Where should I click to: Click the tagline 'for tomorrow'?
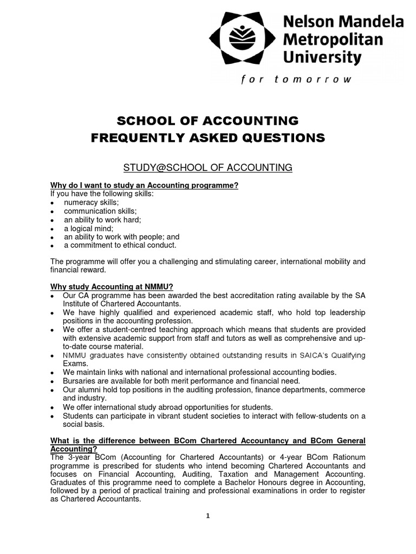pyautogui.click(x=296, y=79)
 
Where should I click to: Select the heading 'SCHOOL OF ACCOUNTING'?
pyautogui.click(x=208, y=120)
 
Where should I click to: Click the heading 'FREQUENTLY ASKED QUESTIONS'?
pyautogui.click(x=208, y=138)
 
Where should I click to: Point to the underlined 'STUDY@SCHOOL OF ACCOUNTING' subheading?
pyautogui.click(x=208, y=168)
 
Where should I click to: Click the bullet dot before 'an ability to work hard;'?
pyautogui.click(x=52, y=220)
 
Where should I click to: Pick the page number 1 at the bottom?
pyautogui.click(x=207, y=516)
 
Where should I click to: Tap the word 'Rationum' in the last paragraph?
pyautogui.click(x=345, y=457)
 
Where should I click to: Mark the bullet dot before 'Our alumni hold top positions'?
pyautogui.click(x=52, y=390)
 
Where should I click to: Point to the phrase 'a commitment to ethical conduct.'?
pyautogui.click(x=120, y=245)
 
